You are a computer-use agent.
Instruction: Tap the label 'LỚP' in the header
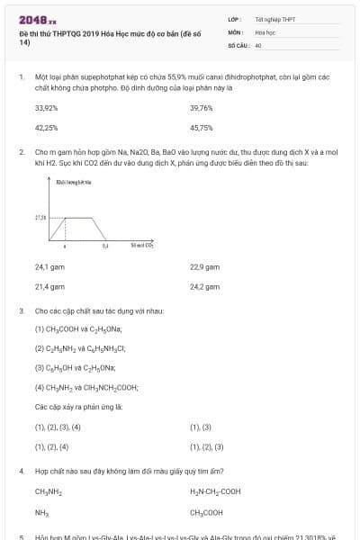tap(235, 18)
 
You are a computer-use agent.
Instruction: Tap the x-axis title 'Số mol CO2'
tap(142, 245)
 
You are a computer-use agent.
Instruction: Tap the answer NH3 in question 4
tap(41, 512)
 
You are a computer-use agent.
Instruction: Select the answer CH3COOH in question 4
tap(207, 512)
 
